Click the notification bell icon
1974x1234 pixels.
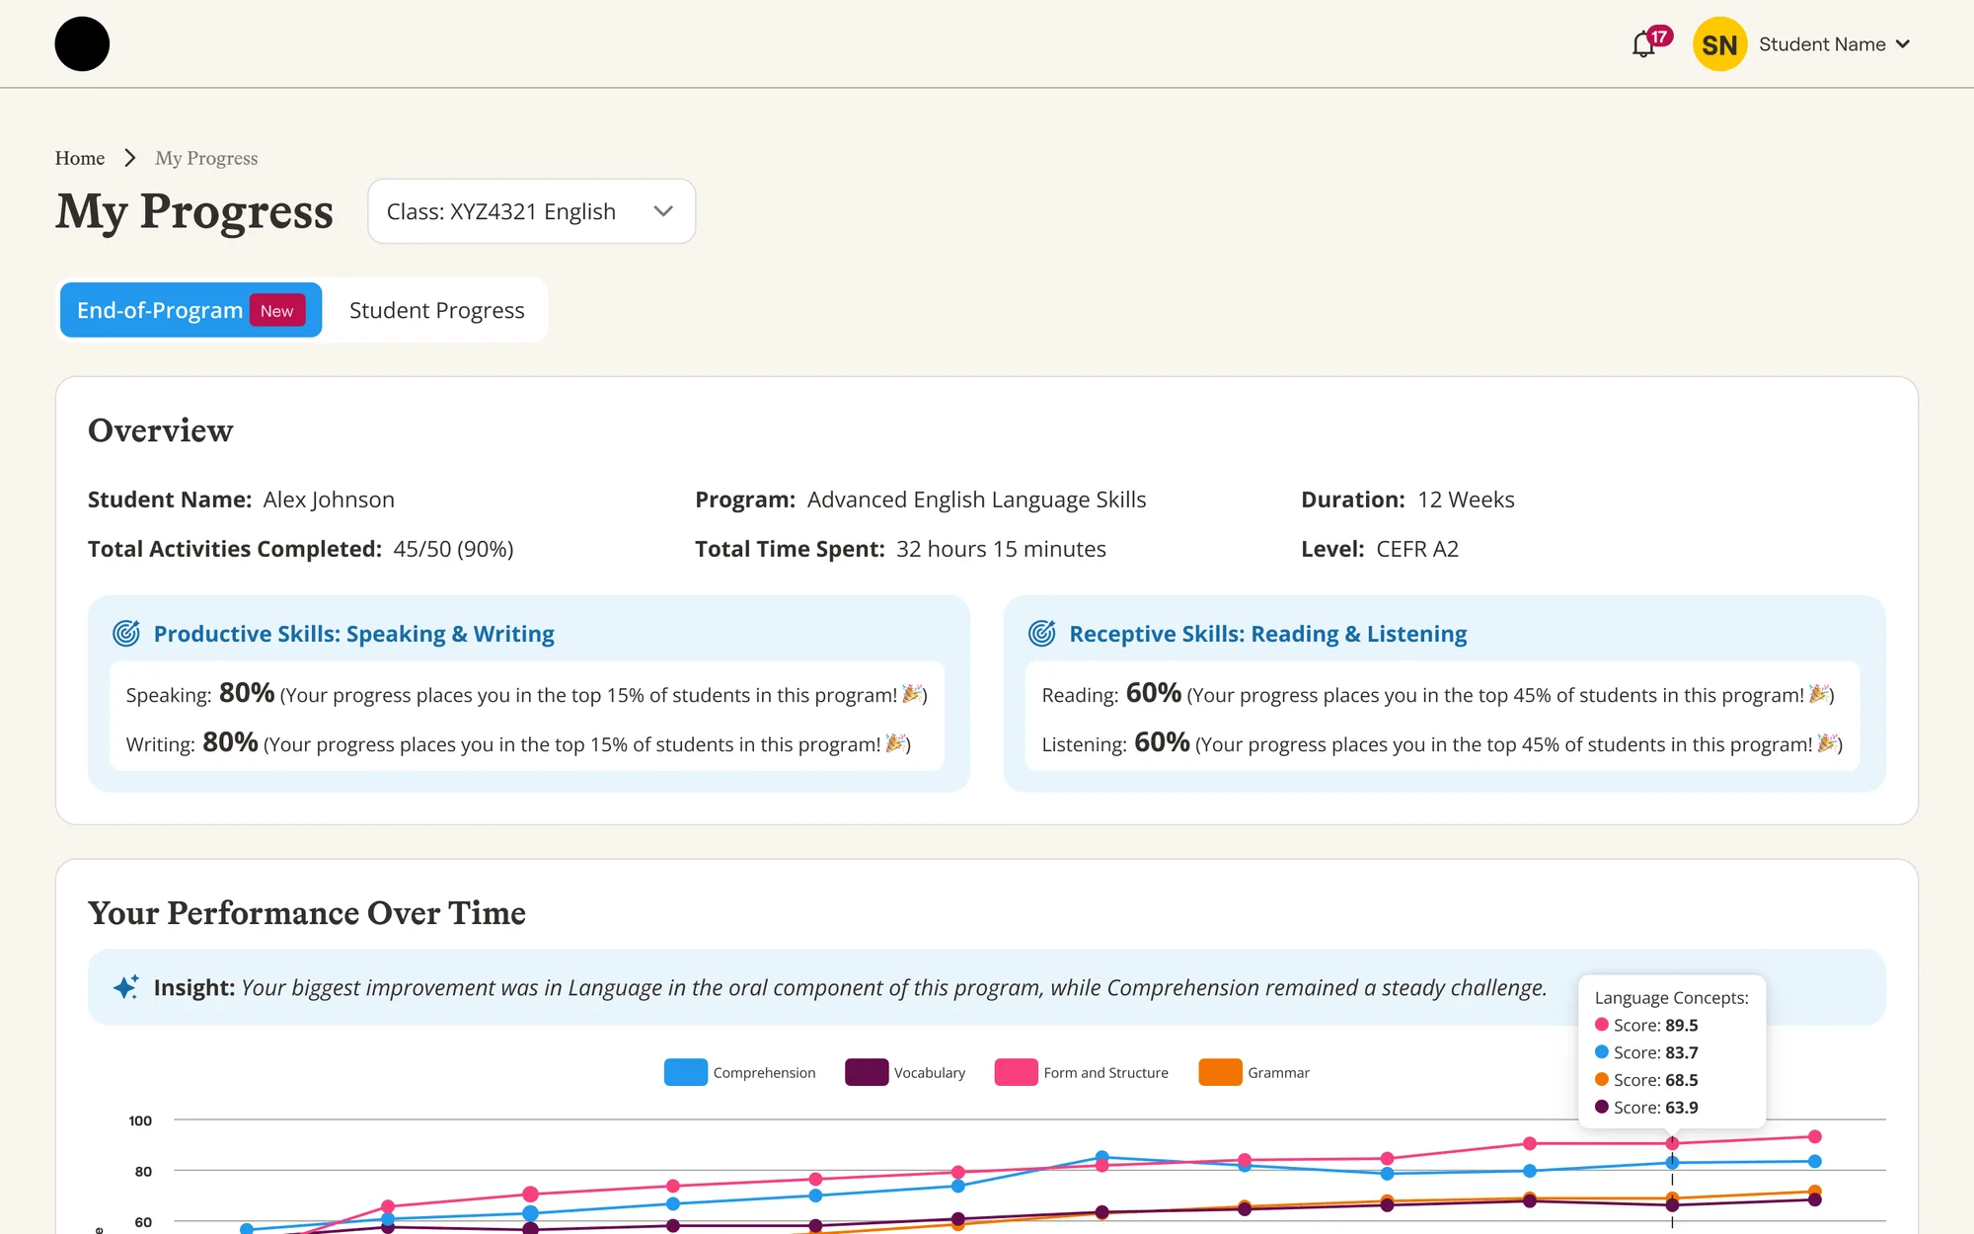[1643, 44]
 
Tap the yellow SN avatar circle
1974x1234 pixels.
[1719, 44]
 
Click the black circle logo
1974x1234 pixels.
[82, 44]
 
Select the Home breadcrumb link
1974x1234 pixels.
[80, 158]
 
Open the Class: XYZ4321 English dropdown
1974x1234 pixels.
[531, 211]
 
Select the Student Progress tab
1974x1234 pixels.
[436, 310]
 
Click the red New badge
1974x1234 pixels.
[277, 310]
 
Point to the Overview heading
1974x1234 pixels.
[161, 430]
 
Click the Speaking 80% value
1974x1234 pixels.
[247, 693]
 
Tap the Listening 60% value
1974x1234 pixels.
[1162, 742]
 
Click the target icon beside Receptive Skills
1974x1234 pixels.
[1042, 633]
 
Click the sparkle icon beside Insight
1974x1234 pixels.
[126, 987]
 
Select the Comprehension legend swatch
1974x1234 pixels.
[686, 1072]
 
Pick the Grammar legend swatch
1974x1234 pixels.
[1220, 1072]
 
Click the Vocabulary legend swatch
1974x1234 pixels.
[867, 1072]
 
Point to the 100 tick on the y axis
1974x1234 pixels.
[140, 1120]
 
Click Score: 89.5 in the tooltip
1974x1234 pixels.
[1656, 1025]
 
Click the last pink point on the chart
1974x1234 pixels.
[1814, 1137]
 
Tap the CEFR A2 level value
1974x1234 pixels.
[1417, 549]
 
